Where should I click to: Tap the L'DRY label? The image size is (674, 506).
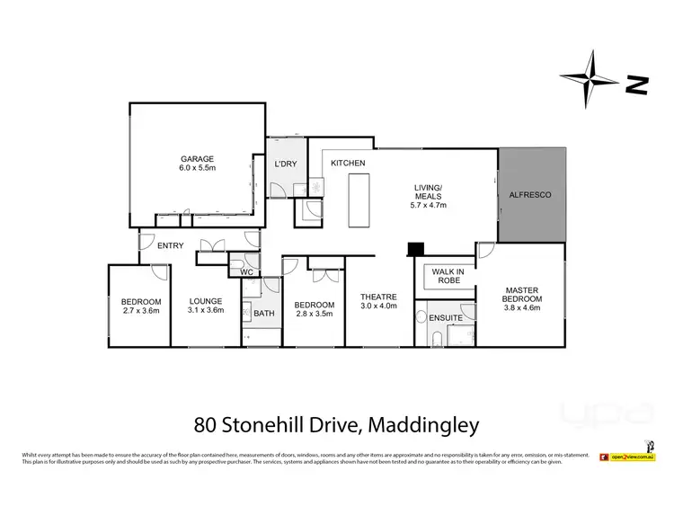[285, 164]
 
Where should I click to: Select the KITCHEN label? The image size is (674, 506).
[348, 163]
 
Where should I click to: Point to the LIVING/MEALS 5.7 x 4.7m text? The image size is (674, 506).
[429, 197]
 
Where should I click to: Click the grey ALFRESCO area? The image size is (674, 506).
[530, 194]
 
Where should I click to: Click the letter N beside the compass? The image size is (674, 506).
[637, 86]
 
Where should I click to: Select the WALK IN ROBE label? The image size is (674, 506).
[448, 276]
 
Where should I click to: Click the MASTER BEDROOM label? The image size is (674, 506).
[521, 297]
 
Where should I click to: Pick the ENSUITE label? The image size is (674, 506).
[447, 317]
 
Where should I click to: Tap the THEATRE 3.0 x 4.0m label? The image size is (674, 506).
[377, 303]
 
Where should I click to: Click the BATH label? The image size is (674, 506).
[263, 313]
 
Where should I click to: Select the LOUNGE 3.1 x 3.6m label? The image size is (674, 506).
[206, 306]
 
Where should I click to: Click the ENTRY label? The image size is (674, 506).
[171, 245]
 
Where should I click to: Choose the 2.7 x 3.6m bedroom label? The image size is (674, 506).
[141, 306]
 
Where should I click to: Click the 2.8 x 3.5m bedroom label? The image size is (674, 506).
[315, 310]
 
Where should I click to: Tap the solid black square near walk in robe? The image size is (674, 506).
[415, 249]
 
